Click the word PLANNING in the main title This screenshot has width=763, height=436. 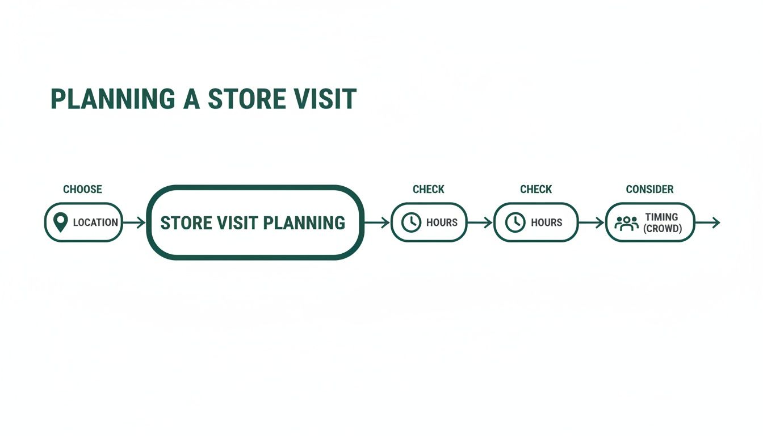pos(112,99)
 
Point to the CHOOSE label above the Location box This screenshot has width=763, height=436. pos(82,189)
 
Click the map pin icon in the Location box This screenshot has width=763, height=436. pos(60,222)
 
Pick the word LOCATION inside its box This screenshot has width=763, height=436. pos(95,223)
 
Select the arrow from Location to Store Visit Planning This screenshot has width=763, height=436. pos(134,223)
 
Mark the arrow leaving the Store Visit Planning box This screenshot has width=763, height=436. pos(376,223)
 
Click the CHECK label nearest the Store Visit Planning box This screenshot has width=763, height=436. pos(429,189)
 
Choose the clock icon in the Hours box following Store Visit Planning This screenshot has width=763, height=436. pos(411,223)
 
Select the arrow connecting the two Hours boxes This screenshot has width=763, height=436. pos(480,223)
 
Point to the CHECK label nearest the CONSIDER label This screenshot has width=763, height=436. pos(536,189)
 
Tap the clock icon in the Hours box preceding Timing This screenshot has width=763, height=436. pos(515,223)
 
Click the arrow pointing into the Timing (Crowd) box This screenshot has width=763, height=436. pos(592,223)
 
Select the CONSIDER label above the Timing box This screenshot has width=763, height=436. pos(649,189)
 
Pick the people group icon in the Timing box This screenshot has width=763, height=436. pos(626,223)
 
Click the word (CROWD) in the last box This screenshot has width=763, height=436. pos(661,229)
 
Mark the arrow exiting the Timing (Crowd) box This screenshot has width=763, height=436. pos(707,223)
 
